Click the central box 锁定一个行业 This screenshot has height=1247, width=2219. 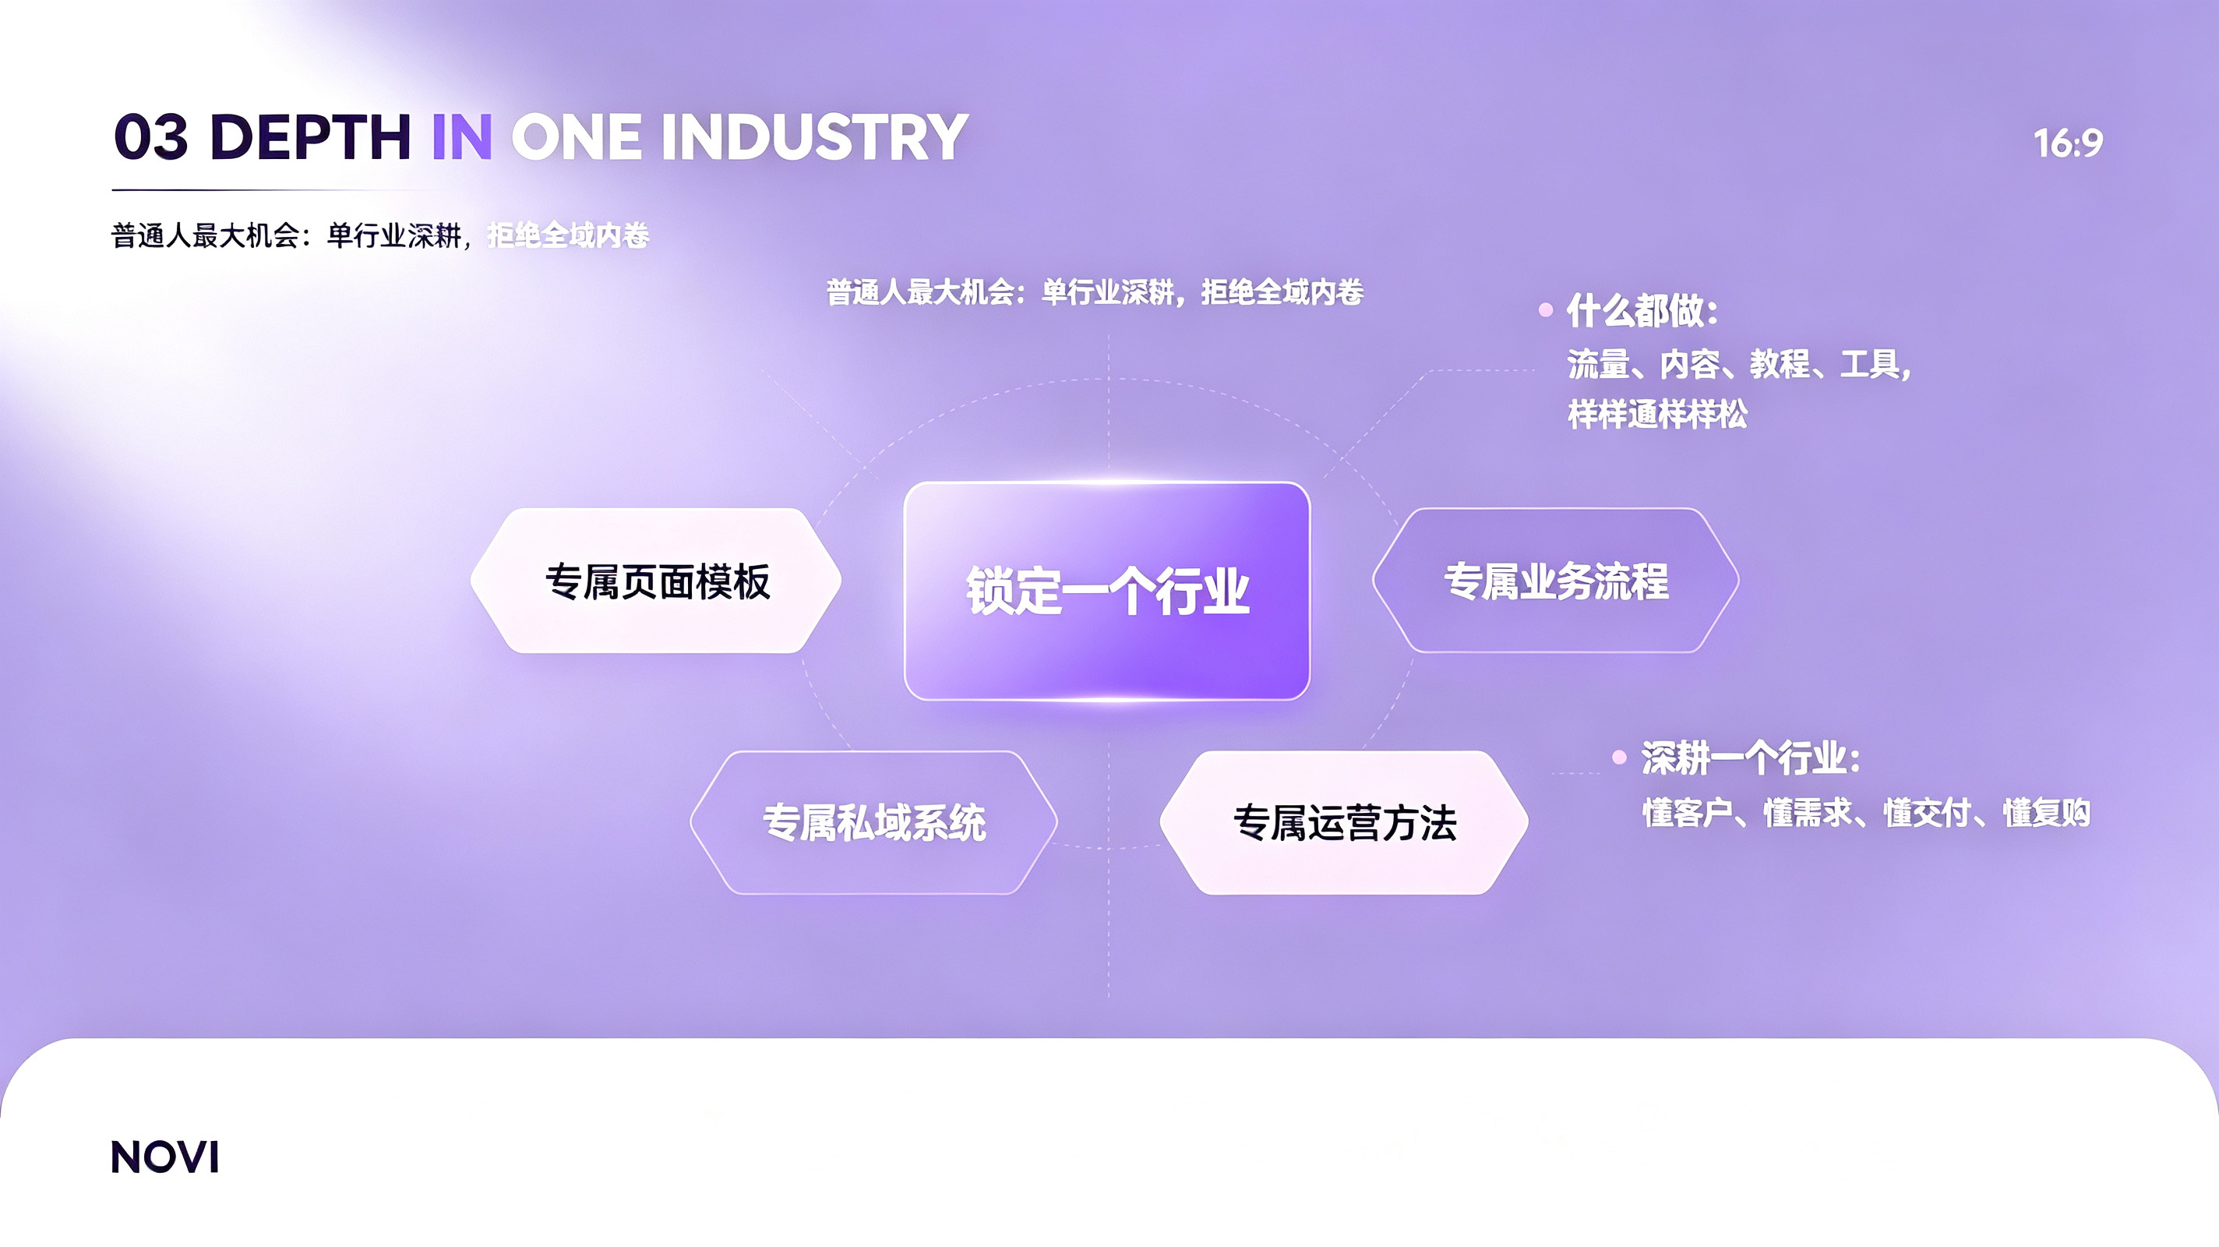1107,592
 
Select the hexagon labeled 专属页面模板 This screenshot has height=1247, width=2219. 655,581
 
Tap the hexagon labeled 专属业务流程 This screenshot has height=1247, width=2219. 1556,581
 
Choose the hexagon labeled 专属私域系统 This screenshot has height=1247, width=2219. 873,823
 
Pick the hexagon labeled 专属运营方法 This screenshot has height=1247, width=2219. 1344,823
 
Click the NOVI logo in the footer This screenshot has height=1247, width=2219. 164,1157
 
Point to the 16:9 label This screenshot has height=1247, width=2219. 2069,143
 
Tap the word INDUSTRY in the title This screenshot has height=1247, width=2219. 814,137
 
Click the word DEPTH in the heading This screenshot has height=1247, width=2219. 310,137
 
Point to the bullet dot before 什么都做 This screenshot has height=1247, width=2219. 1547,310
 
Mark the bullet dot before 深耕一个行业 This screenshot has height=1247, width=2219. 1620,758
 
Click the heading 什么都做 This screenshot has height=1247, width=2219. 1642,311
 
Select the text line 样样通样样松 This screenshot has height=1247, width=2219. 1657,415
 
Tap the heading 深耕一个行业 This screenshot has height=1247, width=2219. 1751,758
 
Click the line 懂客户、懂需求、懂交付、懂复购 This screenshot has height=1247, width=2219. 1866,813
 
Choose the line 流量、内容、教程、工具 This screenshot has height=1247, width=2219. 1739,365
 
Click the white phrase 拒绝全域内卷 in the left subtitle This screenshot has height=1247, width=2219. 568,235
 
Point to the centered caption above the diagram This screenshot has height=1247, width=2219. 1095,293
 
